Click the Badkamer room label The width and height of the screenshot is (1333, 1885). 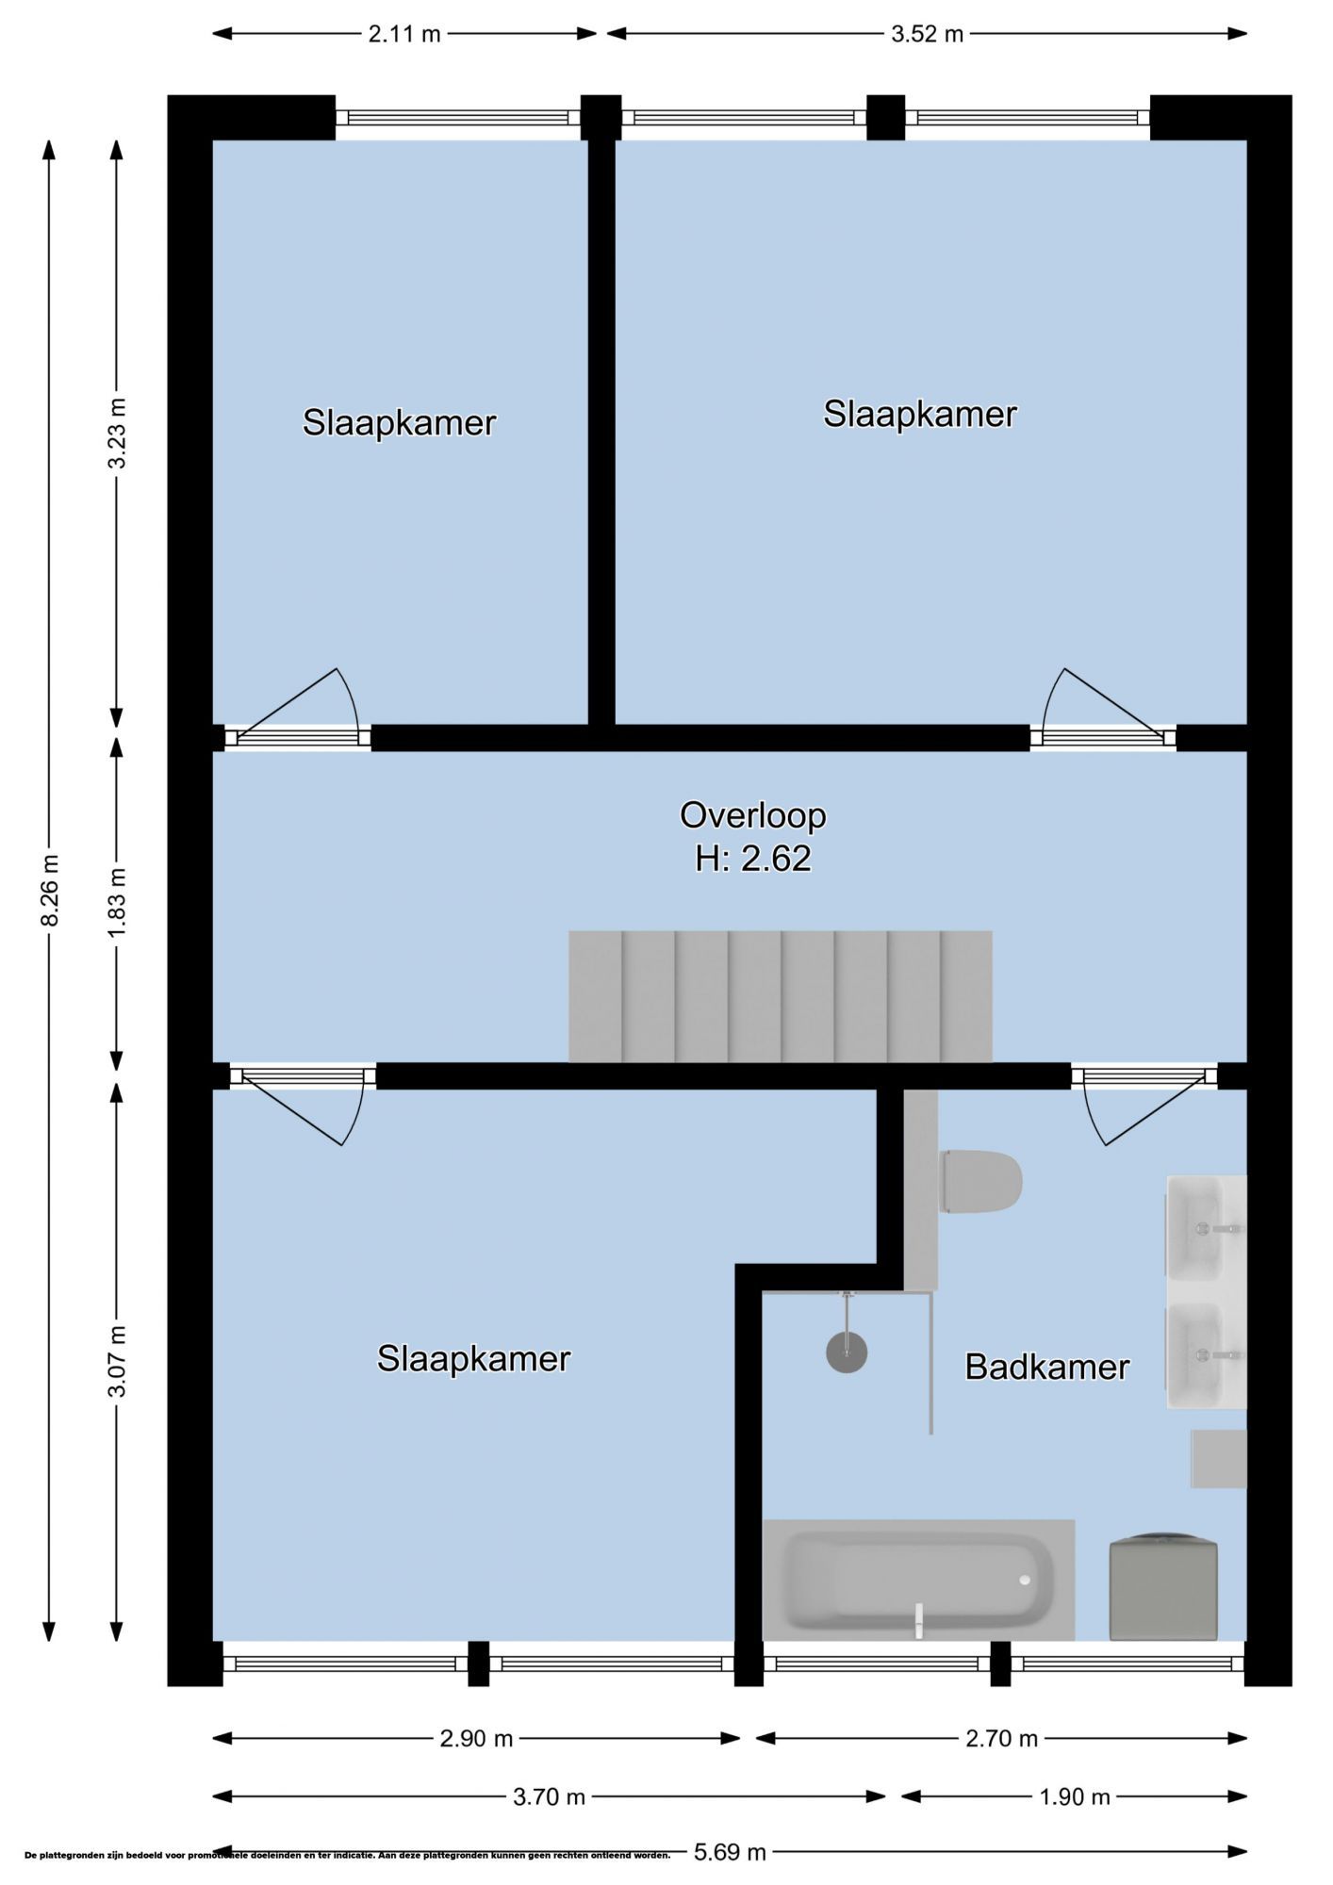pyautogui.click(x=1046, y=1367)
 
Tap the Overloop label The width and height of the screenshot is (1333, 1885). pyautogui.click(x=753, y=815)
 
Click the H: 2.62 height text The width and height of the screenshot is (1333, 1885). pyautogui.click(x=753, y=859)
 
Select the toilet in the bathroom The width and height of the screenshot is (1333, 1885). pyautogui.click(x=981, y=1181)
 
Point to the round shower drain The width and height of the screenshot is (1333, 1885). pyautogui.click(x=847, y=1352)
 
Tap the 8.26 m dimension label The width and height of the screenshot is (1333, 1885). pyautogui.click(x=50, y=891)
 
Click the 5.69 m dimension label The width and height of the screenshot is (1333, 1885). pyautogui.click(x=730, y=1852)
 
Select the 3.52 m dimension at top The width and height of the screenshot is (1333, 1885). pyautogui.click(x=928, y=35)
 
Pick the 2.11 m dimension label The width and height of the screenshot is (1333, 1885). pyautogui.click(x=404, y=35)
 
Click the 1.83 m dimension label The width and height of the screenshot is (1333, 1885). pyautogui.click(x=117, y=904)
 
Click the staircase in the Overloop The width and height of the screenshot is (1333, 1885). pyautogui.click(x=781, y=996)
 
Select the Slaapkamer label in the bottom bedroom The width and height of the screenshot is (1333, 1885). pyautogui.click(x=473, y=1358)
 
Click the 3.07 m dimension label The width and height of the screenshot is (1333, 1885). pyautogui.click(x=117, y=1362)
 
